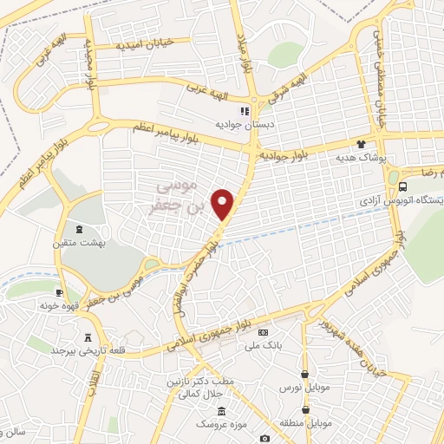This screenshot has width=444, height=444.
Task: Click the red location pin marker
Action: pos(224,204)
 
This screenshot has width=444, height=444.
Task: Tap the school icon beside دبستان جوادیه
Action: pos(245,111)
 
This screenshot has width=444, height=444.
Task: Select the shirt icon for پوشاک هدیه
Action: pos(362,146)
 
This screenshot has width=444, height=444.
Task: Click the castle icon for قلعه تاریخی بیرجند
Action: pos(87,337)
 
